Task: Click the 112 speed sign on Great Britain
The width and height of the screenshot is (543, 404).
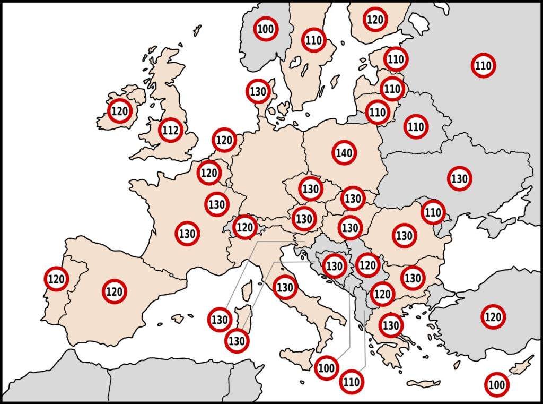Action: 170,130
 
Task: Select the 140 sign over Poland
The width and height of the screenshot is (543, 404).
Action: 344,153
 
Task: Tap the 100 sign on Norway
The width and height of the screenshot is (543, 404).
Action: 266,29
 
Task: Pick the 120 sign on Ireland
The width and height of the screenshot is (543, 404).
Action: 119,111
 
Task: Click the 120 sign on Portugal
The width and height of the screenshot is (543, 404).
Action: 56,279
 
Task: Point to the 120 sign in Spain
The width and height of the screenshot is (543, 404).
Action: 115,291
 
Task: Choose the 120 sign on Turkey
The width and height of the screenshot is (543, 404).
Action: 493,317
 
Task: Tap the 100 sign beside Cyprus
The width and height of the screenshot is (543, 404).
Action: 496,385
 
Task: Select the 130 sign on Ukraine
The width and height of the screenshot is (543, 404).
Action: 459,178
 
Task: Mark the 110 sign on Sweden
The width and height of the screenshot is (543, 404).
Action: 314,40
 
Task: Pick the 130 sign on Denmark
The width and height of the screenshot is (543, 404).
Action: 258,91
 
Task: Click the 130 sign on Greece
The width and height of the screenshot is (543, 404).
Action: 391,325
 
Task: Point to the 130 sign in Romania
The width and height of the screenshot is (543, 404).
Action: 404,235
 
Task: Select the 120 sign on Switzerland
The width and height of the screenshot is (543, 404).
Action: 244,227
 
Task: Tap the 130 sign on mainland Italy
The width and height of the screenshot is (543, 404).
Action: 285,287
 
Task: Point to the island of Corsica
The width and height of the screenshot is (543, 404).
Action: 246,290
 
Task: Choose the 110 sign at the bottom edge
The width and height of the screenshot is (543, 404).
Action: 352,382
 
